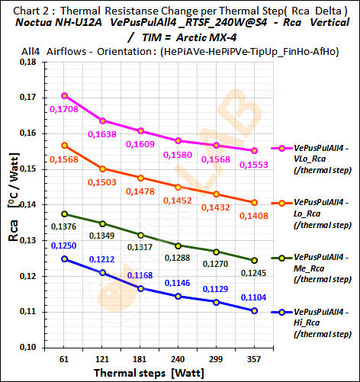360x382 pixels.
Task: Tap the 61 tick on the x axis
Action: tap(65, 358)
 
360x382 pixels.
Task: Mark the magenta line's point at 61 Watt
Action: tap(65, 95)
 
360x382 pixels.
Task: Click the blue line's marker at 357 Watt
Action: tap(254, 311)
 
